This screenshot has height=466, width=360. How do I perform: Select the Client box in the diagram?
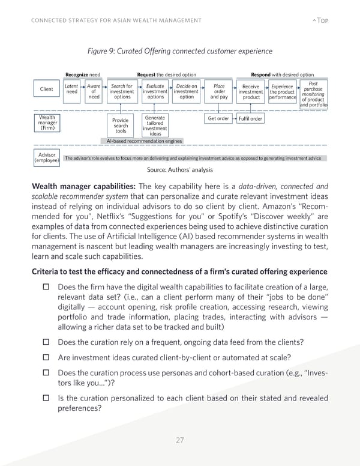pos(46,89)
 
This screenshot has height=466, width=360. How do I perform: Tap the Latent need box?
pos(71,89)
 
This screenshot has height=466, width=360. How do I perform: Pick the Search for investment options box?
pos(122,91)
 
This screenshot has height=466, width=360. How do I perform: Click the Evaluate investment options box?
pos(155,91)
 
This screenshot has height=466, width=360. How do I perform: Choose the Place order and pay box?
pos(219,91)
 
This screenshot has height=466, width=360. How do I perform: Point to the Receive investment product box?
pos(251,91)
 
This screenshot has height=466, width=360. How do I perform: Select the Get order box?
pos(218,118)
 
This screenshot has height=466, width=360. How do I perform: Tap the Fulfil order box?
pos(250,118)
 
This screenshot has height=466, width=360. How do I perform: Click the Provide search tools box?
pos(121,126)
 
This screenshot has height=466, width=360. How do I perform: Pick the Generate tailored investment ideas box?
pos(155,126)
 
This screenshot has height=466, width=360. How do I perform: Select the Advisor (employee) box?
pos(46,157)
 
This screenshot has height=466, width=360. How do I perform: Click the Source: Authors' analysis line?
pos(179,170)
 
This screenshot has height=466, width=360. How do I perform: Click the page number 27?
pos(179,440)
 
